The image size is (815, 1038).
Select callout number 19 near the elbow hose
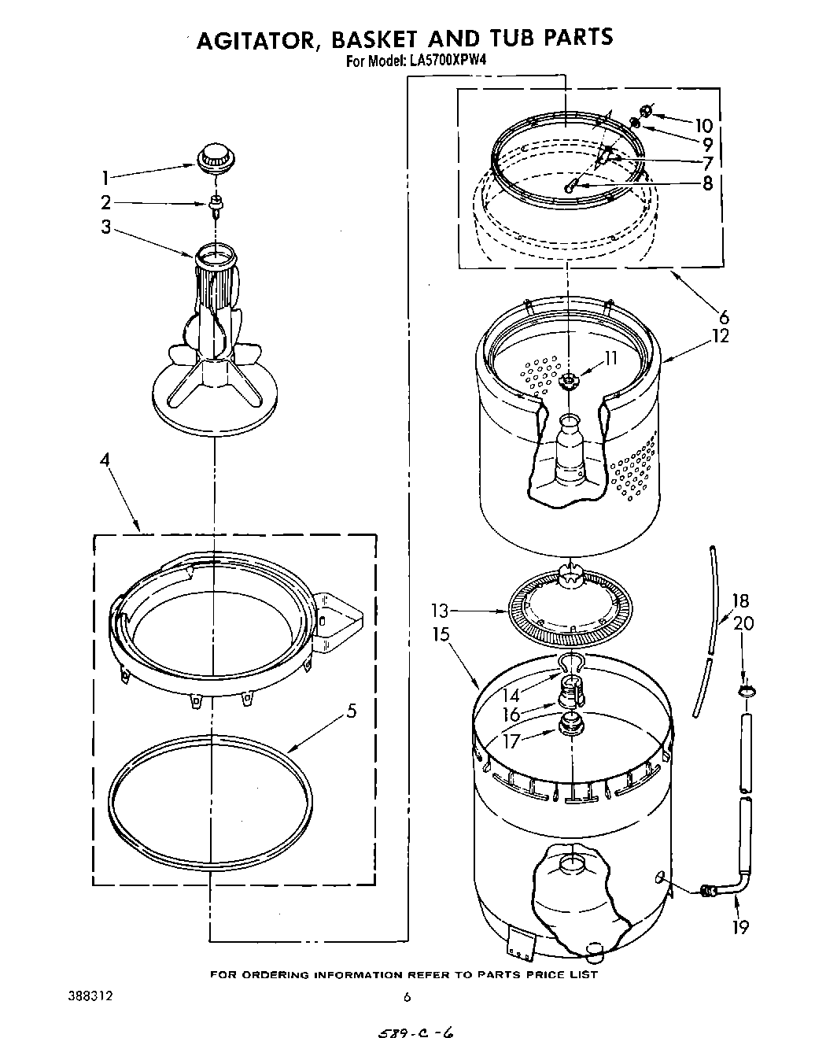click(x=740, y=927)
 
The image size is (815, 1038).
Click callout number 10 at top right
click(x=703, y=125)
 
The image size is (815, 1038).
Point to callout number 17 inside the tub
click(x=511, y=741)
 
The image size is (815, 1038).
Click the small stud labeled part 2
click(x=214, y=206)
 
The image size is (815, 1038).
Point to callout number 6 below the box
click(x=723, y=317)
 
